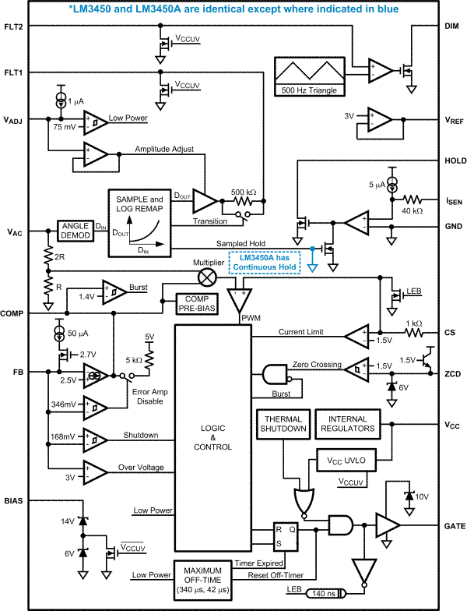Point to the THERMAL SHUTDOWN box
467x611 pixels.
tap(283, 423)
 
